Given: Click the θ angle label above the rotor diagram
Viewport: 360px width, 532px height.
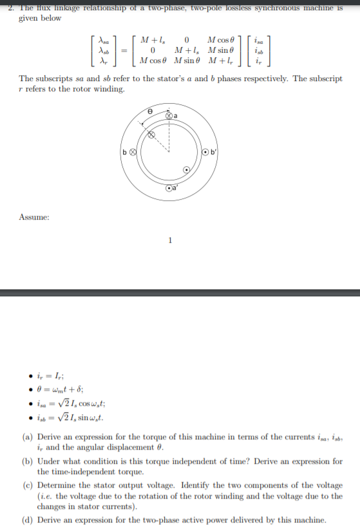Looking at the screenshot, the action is tap(150, 111).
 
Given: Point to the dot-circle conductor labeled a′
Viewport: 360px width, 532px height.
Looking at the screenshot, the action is tap(169, 188).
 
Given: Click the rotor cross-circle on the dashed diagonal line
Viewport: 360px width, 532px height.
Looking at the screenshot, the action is tap(153, 136).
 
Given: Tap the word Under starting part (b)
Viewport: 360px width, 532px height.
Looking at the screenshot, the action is tap(50, 461).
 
